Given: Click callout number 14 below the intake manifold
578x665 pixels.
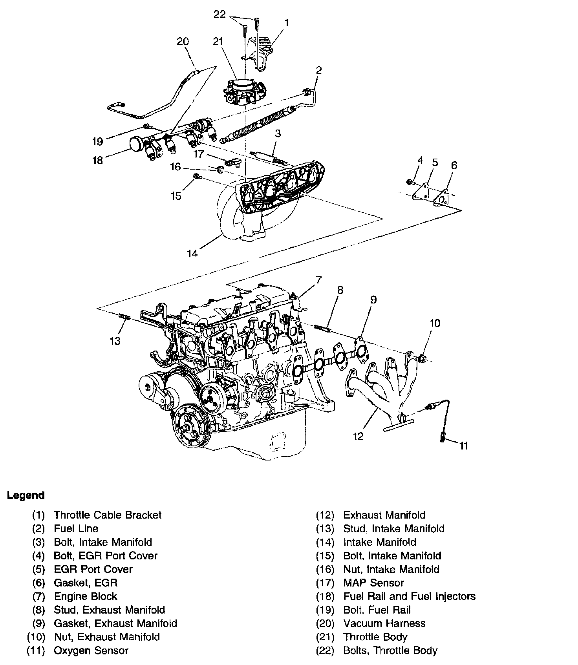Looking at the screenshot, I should (192, 254).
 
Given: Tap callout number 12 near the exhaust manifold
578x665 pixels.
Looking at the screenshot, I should (358, 436).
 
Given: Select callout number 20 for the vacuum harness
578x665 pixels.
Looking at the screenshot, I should (183, 41).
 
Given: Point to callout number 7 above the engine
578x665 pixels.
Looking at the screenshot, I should (318, 280).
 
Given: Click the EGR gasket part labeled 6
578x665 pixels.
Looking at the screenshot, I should (441, 198).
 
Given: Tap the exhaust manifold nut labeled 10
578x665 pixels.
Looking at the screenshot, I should (423, 358).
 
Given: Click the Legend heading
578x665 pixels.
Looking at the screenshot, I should (26, 495).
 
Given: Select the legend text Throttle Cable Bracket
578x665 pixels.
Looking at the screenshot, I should (108, 515).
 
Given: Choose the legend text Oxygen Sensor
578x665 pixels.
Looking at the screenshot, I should (91, 650).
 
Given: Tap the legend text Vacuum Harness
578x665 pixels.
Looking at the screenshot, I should (384, 623).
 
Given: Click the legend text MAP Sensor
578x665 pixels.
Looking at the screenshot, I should (373, 583).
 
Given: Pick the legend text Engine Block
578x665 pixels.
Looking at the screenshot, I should (86, 597).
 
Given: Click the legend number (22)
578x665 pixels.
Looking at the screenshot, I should (325, 650).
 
